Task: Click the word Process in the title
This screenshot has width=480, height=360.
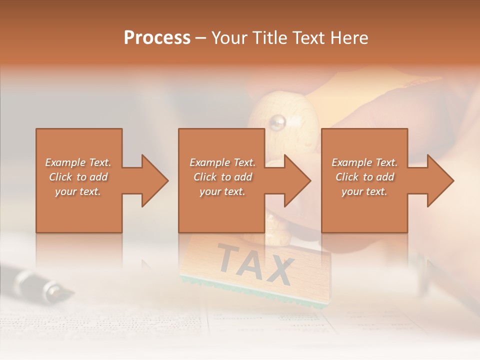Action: [157, 38]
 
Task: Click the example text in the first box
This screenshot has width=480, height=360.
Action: [78, 177]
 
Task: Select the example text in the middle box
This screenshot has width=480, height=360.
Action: [222, 177]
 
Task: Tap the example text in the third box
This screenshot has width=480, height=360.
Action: [364, 177]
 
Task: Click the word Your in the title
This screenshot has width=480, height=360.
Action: [229, 38]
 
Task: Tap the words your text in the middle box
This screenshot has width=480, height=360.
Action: [222, 191]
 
